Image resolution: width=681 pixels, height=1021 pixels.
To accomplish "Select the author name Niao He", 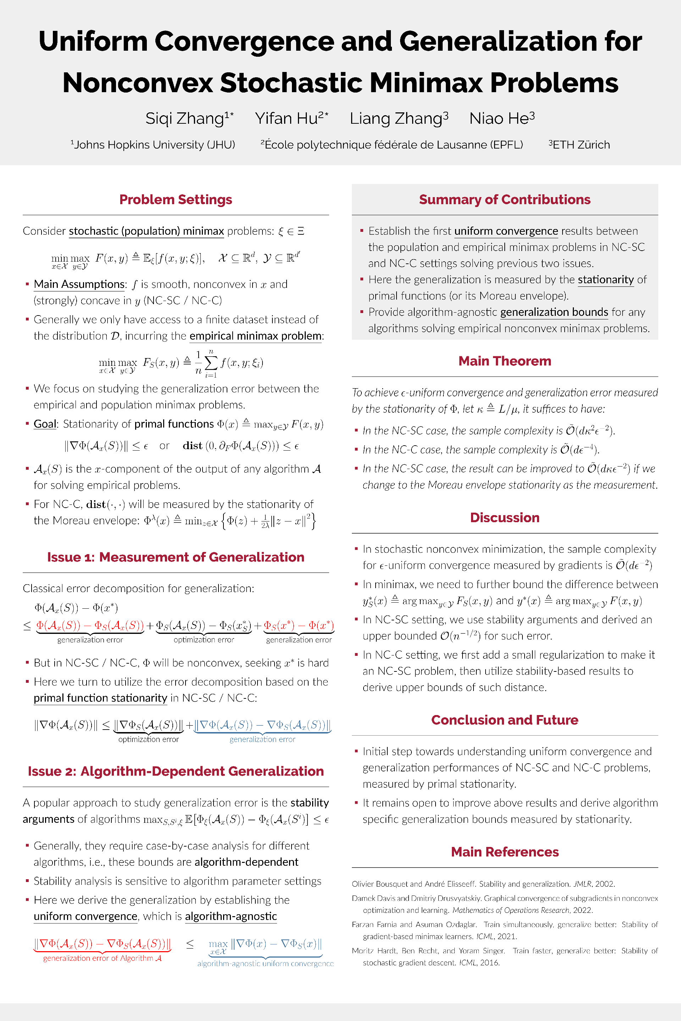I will [502, 118].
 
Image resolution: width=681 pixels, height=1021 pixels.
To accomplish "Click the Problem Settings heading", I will [176, 200].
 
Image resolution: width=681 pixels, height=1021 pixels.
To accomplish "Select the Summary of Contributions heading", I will [505, 200].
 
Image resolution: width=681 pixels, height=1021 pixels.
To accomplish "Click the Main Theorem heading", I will [505, 361].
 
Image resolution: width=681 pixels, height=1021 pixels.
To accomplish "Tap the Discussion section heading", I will [505, 518].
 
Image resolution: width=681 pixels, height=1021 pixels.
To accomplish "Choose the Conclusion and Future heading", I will [505, 720].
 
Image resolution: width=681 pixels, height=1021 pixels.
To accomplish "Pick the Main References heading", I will [505, 852].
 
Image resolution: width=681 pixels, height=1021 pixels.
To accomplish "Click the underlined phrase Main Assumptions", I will [79, 284].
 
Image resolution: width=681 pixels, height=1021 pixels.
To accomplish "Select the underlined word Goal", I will [45, 424].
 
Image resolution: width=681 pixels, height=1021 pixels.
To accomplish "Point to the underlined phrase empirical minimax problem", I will [256, 336].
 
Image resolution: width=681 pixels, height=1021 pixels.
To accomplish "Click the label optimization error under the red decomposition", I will [204, 640].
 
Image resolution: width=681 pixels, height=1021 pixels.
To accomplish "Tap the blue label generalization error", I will [262, 739].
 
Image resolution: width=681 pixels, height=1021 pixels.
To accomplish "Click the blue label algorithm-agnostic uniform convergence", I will [265, 964].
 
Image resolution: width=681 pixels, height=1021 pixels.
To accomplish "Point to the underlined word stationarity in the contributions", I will [606, 280].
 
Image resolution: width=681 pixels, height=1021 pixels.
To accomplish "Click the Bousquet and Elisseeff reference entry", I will [483, 884].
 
